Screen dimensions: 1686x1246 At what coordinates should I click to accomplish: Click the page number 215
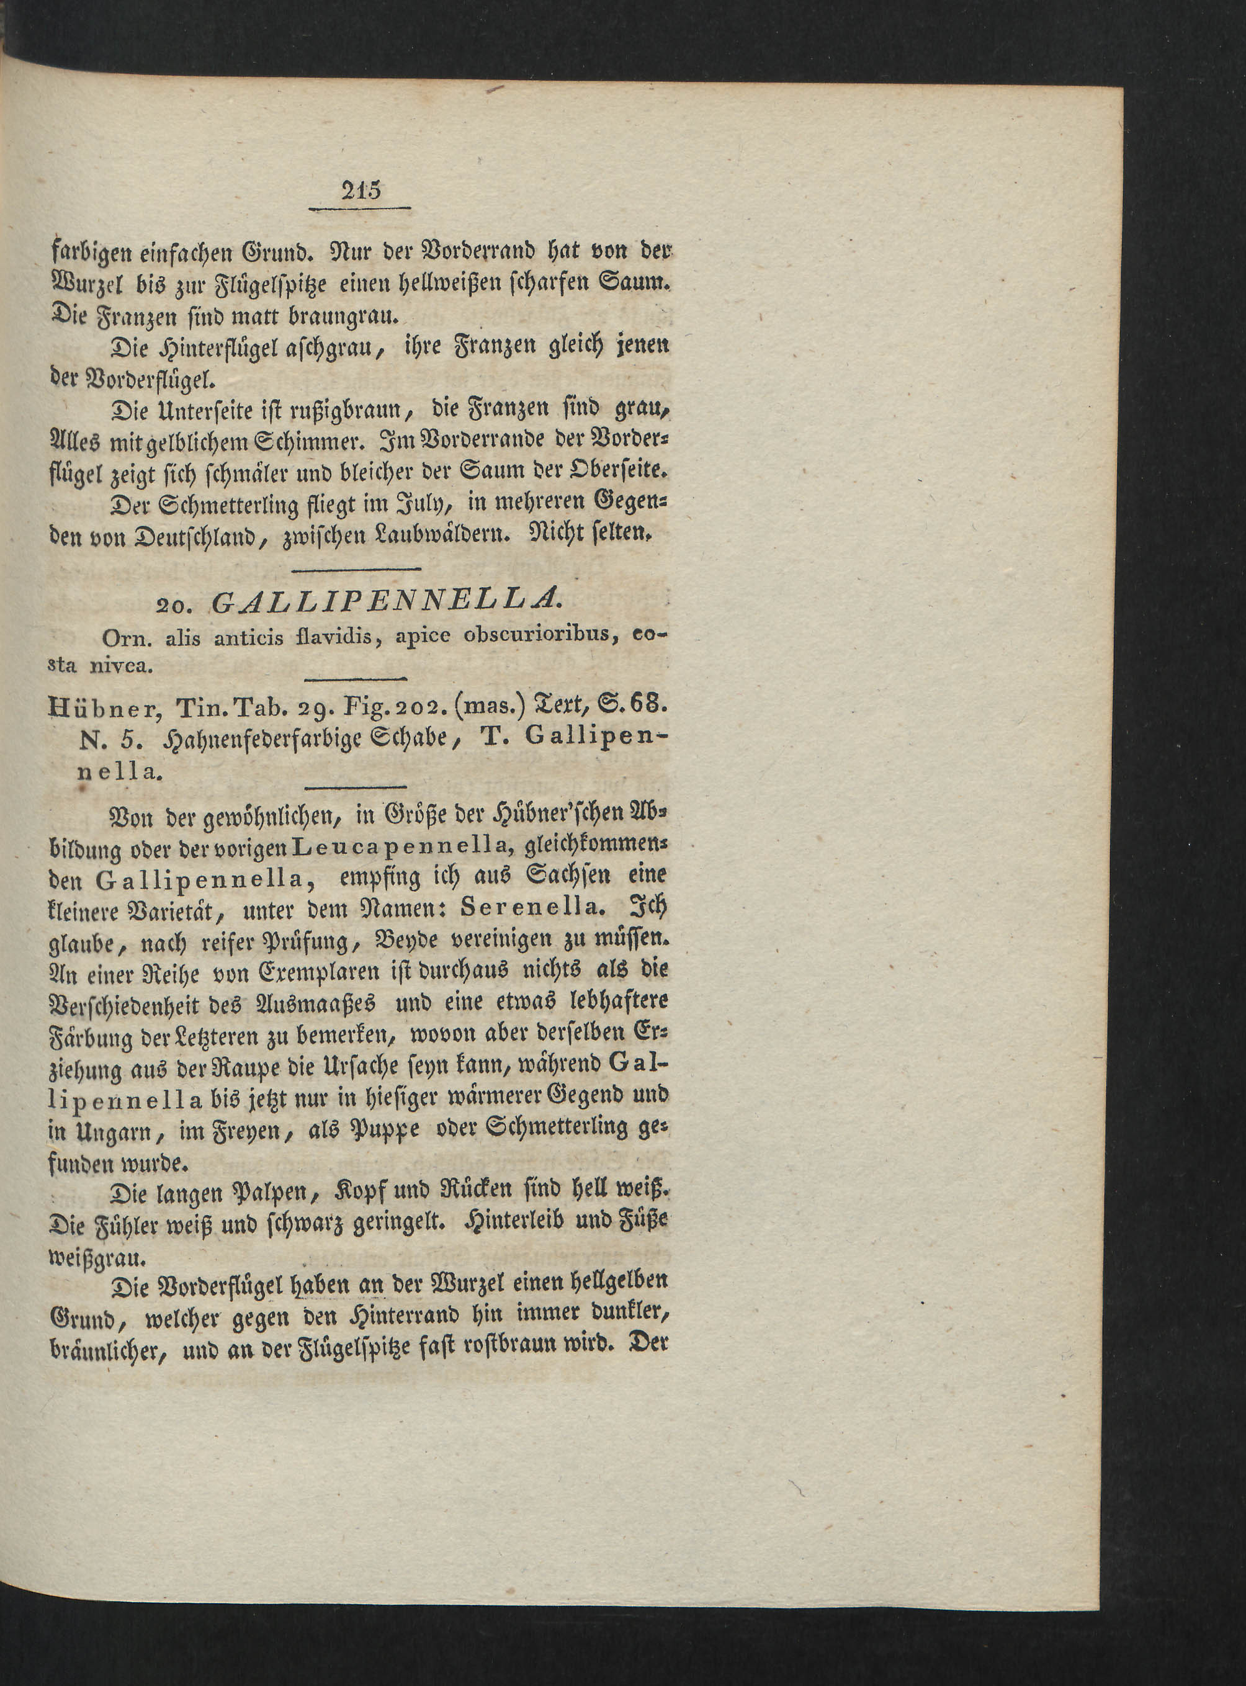(361, 189)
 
